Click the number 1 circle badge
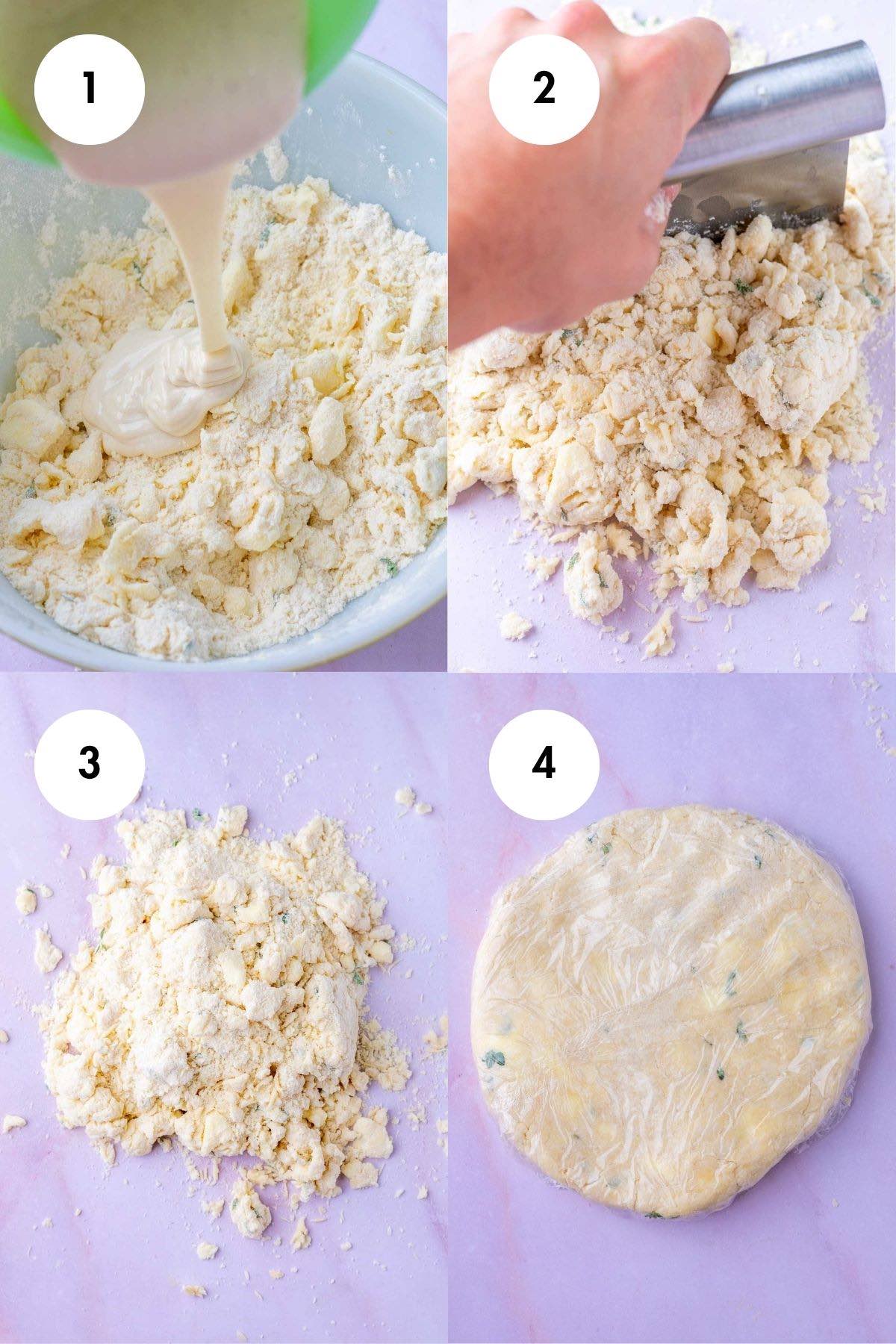[x=89, y=89]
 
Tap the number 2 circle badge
[x=544, y=89]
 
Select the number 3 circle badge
[x=89, y=762]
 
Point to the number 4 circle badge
[x=544, y=762]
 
